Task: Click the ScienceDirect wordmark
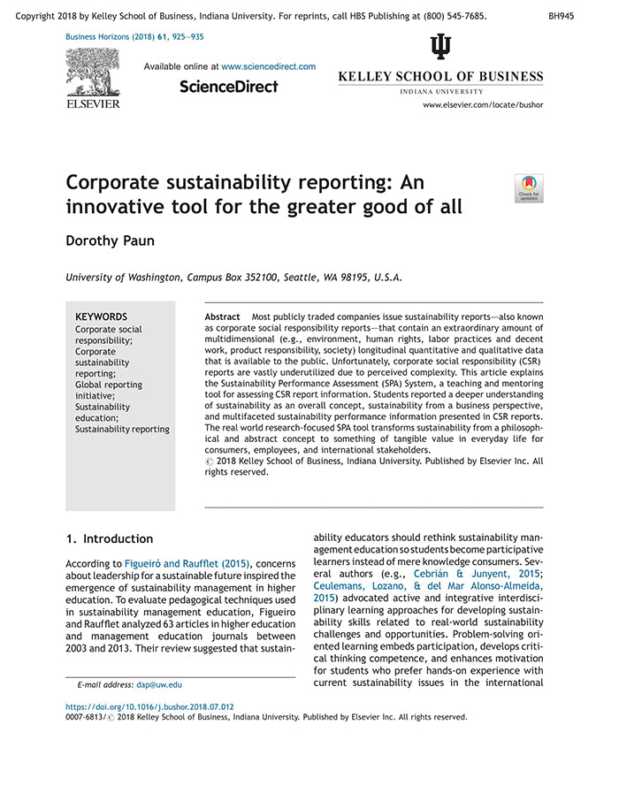228,87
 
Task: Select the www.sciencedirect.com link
268,66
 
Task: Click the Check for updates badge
529,188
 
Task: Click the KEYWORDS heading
101,317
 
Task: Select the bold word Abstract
222,317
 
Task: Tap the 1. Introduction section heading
110,538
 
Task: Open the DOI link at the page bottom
150,706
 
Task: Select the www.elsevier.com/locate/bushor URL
483,104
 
